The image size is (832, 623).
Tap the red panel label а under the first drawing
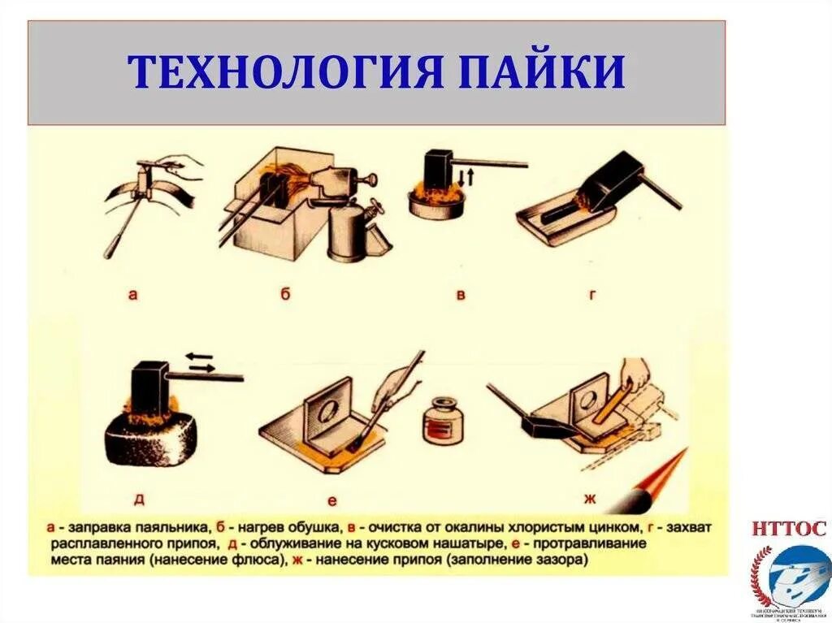(x=132, y=295)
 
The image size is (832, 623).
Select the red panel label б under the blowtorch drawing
(x=285, y=294)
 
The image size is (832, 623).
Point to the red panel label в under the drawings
(x=461, y=295)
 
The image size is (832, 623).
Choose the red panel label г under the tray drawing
(x=592, y=295)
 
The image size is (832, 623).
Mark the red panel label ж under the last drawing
(x=587, y=497)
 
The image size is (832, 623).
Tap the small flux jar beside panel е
(x=443, y=422)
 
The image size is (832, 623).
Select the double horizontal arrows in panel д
(x=199, y=361)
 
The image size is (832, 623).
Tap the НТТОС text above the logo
(x=788, y=530)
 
